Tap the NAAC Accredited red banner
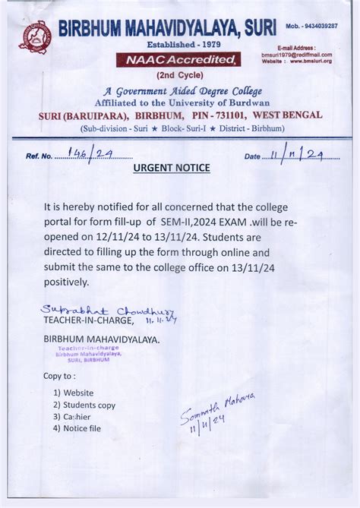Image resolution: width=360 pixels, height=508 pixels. [x=178, y=60]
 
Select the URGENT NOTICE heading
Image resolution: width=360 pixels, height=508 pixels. [x=172, y=168]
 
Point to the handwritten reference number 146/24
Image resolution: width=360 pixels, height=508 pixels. [x=90, y=155]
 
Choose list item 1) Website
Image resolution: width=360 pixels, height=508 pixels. [x=74, y=393]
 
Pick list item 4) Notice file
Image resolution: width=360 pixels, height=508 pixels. [x=77, y=429]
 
